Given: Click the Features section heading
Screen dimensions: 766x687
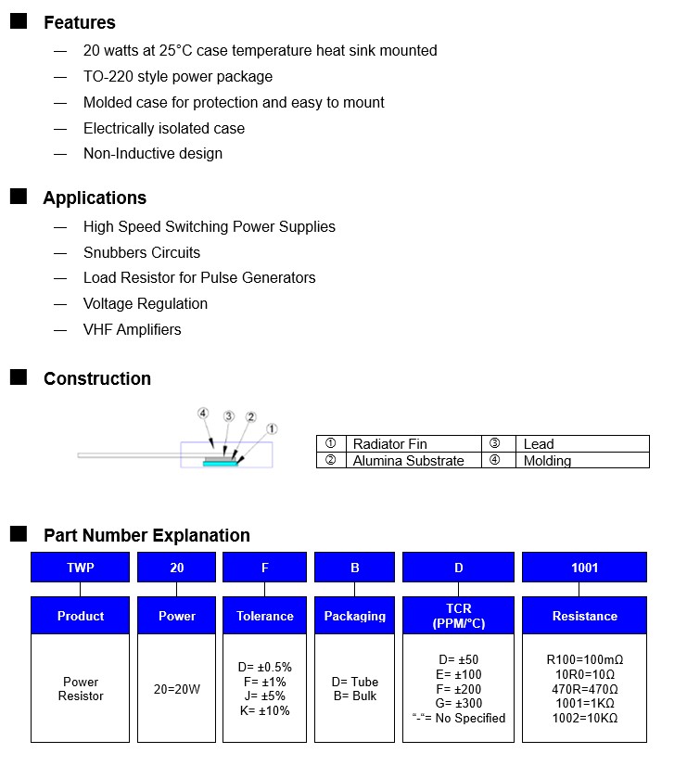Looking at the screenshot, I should click(x=79, y=22).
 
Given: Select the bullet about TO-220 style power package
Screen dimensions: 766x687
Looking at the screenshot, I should click(x=178, y=77).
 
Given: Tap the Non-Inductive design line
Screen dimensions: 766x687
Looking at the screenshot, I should click(x=153, y=154).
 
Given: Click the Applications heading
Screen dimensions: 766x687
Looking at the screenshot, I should click(x=95, y=198).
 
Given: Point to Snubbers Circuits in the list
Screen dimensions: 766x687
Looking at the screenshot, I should click(x=142, y=252).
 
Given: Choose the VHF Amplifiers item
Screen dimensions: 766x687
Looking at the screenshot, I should click(x=133, y=329).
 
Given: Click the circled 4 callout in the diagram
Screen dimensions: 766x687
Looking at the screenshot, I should click(x=203, y=414).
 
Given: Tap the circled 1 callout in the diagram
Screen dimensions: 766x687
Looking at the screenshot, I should click(x=271, y=429).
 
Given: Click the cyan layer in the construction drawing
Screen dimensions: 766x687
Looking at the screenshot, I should click(x=221, y=466).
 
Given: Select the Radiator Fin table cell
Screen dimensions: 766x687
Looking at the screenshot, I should click(x=389, y=444).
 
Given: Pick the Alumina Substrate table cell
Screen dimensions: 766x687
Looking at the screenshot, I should click(x=408, y=460).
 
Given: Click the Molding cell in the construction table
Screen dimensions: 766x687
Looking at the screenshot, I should click(x=547, y=460).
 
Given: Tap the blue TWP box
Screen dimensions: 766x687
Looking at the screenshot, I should click(x=81, y=568).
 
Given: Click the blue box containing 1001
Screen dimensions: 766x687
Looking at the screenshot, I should click(x=584, y=568).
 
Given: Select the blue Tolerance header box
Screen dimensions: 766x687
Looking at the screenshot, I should click(x=265, y=616).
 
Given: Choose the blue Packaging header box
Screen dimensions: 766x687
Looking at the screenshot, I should click(x=355, y=616).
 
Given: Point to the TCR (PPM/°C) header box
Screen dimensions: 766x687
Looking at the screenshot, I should click(x=458, y=616).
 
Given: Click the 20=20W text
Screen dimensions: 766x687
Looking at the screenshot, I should click(x=176, y=689).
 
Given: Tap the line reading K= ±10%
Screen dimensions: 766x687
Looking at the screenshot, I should click(x=264, y=711).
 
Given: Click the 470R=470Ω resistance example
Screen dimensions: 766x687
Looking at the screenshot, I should click(x=584, y=690).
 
